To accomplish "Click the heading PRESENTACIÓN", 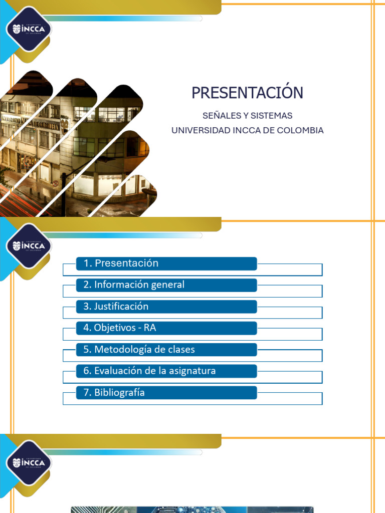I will [x=247, y=93].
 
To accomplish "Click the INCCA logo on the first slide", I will [x=29, y=29].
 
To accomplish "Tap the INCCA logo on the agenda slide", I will [x=29, y=245].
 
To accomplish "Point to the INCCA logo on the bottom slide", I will [x=29, y=462].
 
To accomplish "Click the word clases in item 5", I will [x=182, y=350].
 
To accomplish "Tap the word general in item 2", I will [x=167, y=285].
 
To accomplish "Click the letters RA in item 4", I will [x=150, y=328].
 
